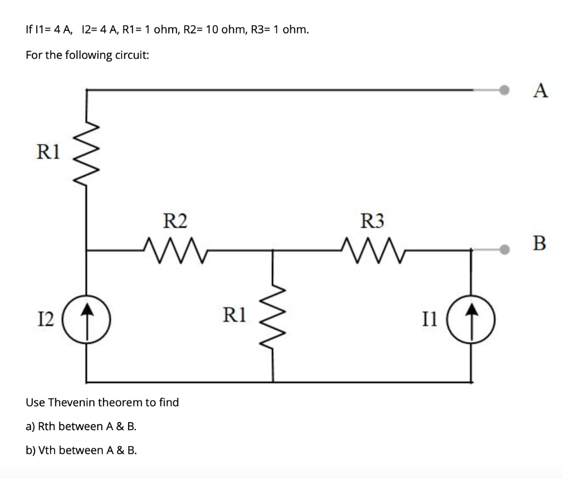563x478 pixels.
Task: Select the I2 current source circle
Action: tap(87, 318)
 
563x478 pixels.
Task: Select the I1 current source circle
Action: tap(471, 318)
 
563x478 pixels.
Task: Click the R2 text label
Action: tap(175, 221)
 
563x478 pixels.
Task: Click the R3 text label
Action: tap(372, 221)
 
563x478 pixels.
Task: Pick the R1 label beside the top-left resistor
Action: tap(48, 152)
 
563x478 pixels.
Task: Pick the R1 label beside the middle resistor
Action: tap(235, 314)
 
